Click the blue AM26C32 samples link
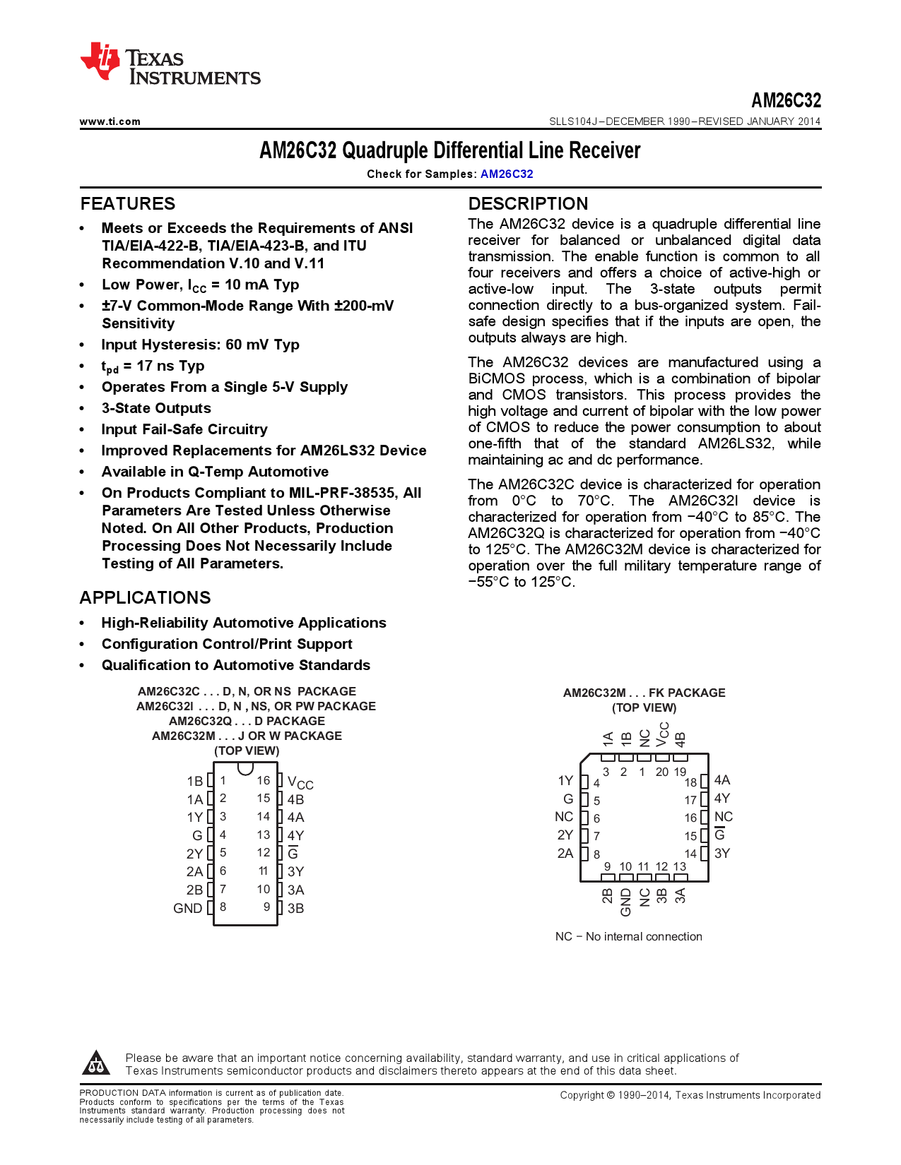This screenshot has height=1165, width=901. click(507, 174)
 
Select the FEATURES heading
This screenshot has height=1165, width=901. click(128, 204)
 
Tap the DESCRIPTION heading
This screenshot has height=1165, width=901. click(528, 204)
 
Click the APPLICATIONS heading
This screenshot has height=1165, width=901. click(145, 598)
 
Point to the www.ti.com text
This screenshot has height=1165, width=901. click(110, 121)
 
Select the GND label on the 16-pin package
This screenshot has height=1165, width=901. click(188, 909)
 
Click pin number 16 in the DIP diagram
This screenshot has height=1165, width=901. click(264, 780)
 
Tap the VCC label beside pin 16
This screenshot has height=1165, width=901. click(300, 782)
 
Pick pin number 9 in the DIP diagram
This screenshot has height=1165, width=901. click(266, 907)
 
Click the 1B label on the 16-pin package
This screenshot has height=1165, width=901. click(194, 782)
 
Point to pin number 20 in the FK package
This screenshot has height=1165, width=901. click(661, 772)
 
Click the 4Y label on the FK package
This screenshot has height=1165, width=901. click(722, 799)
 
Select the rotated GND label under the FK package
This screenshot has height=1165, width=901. click(626, 902)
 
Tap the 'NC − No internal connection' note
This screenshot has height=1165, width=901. click(628, 937)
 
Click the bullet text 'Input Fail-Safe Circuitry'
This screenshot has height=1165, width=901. click(184, 429)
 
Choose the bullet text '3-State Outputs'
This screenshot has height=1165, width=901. click(156, 408)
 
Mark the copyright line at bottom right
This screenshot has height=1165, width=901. click(690, 1095)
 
